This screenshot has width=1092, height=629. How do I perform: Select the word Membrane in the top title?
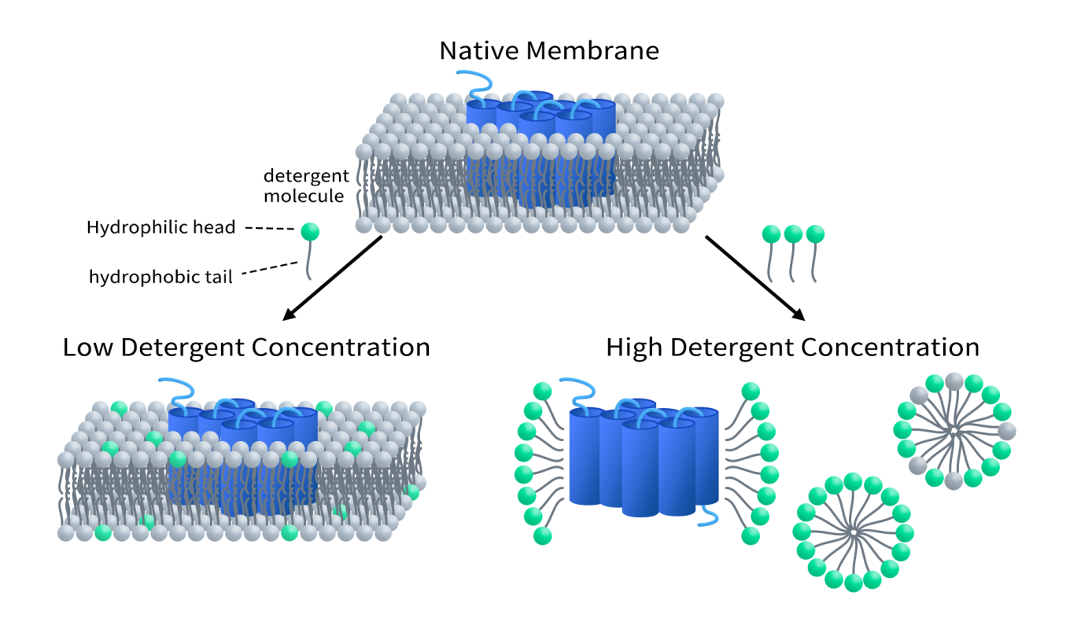(592, 51)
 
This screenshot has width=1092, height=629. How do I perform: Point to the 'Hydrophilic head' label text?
(160, 228)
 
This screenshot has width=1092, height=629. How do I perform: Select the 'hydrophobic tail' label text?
(160, 277)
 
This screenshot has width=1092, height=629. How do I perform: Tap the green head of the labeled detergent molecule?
(310, 231)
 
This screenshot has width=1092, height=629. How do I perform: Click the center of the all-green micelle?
(854, 532)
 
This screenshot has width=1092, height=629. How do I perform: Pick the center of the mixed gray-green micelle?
(953, 431)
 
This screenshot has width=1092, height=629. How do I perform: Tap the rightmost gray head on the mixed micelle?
(1006, 431)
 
